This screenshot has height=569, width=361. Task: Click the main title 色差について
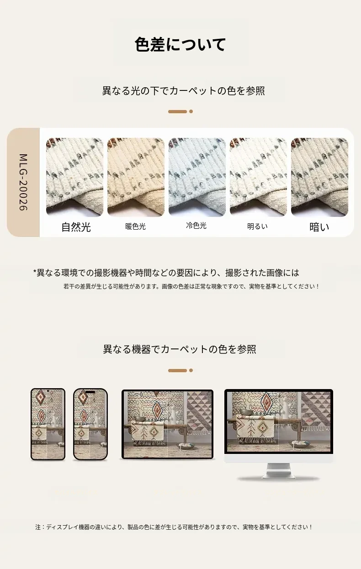coord(180,44)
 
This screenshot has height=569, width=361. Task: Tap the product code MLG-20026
coord(23,182)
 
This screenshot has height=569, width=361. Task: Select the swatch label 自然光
coord(76,227)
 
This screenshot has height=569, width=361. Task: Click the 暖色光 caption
coord(136,227)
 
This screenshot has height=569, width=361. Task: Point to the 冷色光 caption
coord(196,225)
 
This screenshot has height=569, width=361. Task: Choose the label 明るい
coord(258,227)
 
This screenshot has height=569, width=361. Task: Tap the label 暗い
coord(319,227)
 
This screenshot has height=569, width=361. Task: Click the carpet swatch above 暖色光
coord(136,177)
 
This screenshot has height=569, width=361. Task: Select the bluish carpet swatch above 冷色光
coord(197,177)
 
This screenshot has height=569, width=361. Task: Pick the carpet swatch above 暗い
coord(319,177)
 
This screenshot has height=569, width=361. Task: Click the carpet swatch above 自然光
coord(75,177)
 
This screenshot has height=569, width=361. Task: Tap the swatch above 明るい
coord(258,177)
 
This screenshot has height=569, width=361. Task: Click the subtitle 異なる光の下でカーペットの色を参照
coord(184,91)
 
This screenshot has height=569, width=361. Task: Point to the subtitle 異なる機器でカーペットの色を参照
coord(180,349)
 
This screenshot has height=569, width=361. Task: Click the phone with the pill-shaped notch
coord(90,424)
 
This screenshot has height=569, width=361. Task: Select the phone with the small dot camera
coord(48,424)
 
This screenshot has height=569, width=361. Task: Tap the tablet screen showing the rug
coord(167,424)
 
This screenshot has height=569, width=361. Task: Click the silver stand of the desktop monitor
coord(279,471)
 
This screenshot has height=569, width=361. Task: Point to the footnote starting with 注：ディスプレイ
coord(174,527)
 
